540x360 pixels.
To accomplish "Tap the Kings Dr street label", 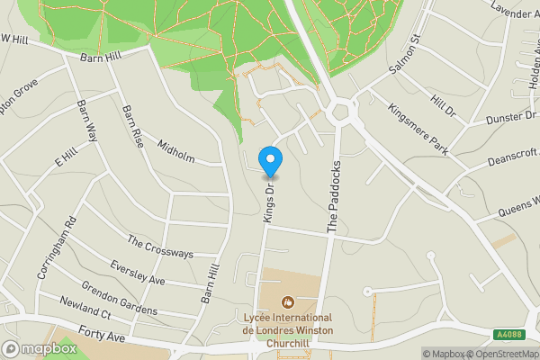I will tap(267, 202).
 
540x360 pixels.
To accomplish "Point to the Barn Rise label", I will tap(132, 126).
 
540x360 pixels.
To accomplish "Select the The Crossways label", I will tap(160, 247).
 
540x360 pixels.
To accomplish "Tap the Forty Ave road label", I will tap(100, 333).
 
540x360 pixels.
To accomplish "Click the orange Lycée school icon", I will tap(288, 301).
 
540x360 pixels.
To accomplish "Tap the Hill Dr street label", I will tap(443, 105).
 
